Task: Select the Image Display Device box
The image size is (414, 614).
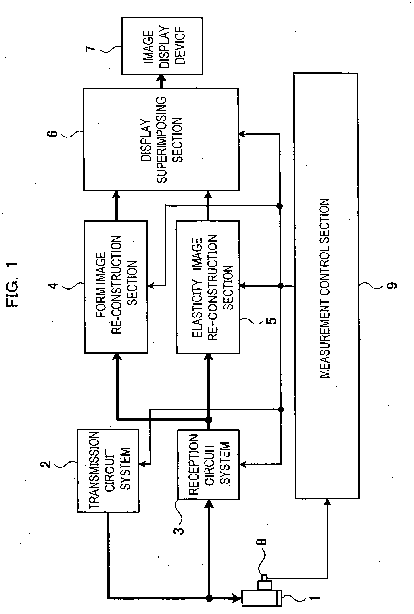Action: click(x=162, y=46)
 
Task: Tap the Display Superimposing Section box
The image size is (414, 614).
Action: click(x=161, y=139)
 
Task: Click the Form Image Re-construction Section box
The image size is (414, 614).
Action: click(x=116, y=287)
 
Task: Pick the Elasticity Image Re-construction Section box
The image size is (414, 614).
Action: click(x=208, y=287)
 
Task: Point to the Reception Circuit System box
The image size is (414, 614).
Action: click(x=208, y=465)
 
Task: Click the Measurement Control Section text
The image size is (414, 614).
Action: click(x=325, y=288)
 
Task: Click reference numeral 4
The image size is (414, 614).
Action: click(x=54, y=286)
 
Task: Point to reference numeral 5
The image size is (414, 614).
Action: click(x=272, y=320)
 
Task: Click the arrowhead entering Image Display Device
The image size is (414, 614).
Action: click(x=162, y=78)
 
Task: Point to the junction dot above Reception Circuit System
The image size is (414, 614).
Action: click(x=209, y=420)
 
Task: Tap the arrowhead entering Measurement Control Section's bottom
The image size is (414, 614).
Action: click(x=327, y=502)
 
